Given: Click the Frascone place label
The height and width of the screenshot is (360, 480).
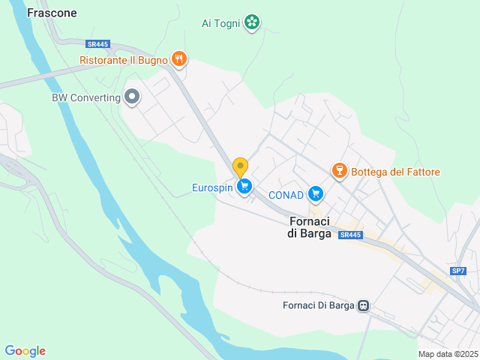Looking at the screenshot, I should (52, 13).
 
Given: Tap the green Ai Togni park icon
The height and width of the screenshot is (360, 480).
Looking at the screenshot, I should (253, 22).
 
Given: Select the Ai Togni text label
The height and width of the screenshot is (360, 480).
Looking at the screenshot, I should (220, 23).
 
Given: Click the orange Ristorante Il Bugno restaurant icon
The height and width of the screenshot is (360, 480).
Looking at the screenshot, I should (178, 58).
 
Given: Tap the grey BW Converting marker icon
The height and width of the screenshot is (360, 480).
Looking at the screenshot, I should (132, 97).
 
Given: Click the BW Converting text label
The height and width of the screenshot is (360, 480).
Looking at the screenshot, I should (86, 97).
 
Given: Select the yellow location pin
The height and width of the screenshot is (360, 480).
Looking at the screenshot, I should (240, 166).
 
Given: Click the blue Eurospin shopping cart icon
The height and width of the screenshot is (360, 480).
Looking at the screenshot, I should (243, 186).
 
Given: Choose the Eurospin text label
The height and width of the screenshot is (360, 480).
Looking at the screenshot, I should (211, 187).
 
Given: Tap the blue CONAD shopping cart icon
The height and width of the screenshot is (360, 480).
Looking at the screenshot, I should (316, 194).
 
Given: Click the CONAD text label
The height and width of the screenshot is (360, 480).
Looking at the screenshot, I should (286, 195).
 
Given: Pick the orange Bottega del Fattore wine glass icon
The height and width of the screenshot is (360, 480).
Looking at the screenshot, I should (339, 171).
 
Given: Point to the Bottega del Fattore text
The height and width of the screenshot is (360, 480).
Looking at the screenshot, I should (395, 172).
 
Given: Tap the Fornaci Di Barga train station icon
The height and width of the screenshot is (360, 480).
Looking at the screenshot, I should (363, 305).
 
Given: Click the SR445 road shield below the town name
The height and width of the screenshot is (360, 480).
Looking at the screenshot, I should (350, 235).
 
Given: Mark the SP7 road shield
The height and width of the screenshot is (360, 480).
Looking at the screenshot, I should (457, 270).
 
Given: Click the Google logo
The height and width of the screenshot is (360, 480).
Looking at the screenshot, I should (25, 351).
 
